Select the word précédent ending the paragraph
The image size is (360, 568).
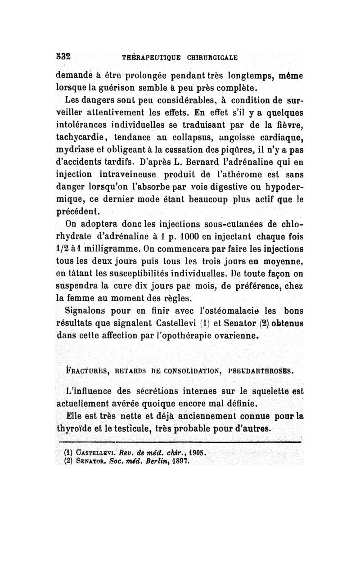(81, 211)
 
